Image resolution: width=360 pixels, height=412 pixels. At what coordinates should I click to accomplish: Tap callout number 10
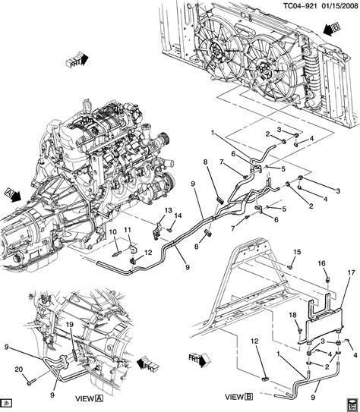coord(112,231)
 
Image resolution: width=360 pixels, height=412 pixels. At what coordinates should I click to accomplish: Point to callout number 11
coord(128,231)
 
